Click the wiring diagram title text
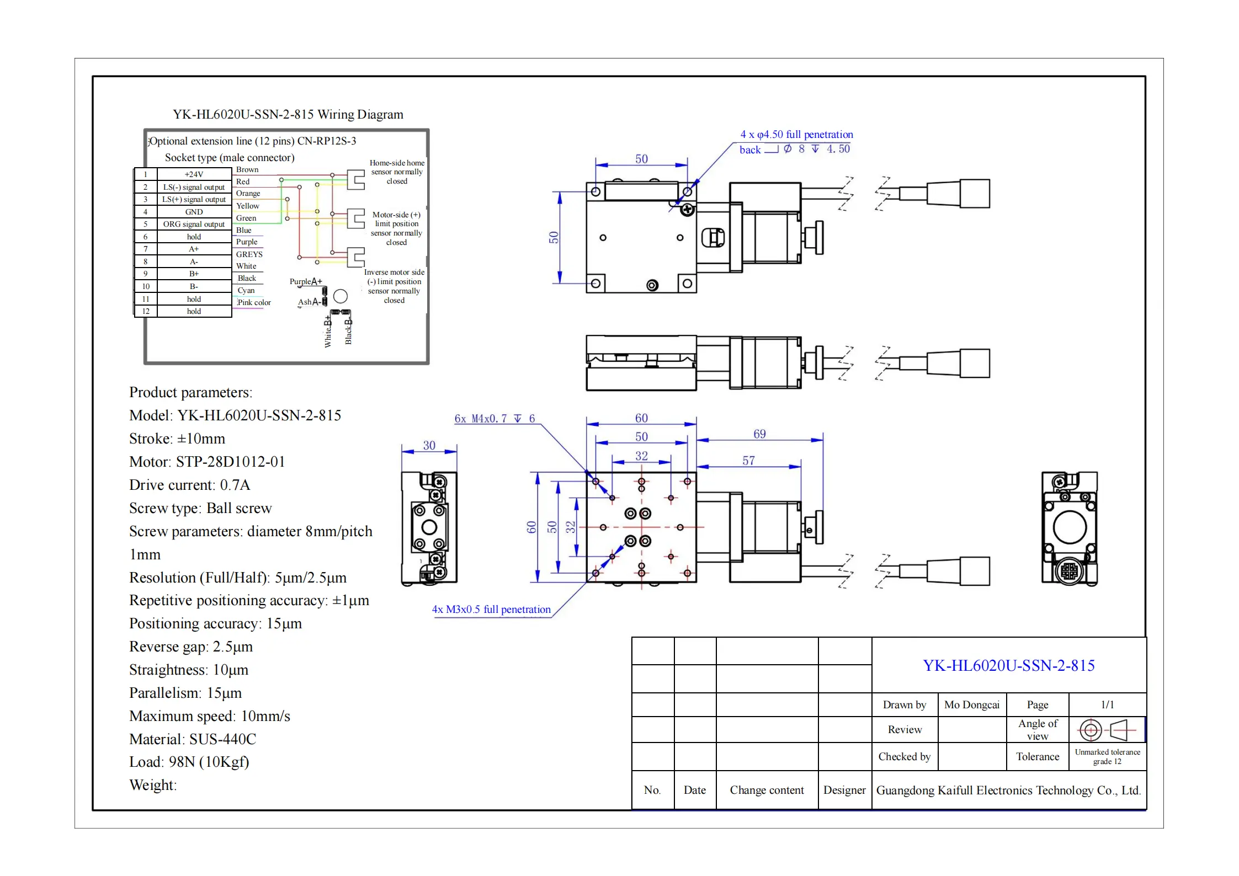(288, 115)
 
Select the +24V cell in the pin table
(194, 174)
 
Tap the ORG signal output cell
(194, 225)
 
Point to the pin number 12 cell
(146, 312)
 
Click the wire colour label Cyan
(246, 291)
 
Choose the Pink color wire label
(254, 303)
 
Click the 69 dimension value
(759, 434)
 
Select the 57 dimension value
(748, 461)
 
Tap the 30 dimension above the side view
(429, 445)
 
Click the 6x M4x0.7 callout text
(494, 419)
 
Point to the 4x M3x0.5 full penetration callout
(491, 610)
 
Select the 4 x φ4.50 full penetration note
(796, 135)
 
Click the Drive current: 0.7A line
(189, 485)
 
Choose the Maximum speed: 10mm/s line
(209, 716)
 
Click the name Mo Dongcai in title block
(971, 705)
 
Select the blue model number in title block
(1008, 666)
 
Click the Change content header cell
(767, 790)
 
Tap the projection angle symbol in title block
(1106, 730)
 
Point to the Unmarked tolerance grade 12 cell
(1107, 757)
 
